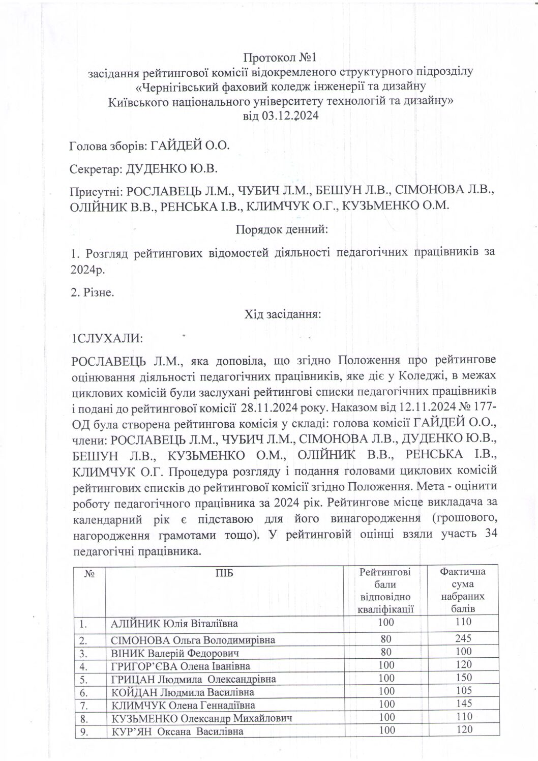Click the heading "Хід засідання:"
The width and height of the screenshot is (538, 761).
283,314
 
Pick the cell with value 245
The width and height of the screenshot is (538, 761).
464,638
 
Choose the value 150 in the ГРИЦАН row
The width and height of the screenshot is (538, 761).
464,678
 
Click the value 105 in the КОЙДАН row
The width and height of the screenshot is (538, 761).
464,691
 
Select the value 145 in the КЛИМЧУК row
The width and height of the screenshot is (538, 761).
464,704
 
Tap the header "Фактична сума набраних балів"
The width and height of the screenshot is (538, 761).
463,590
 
